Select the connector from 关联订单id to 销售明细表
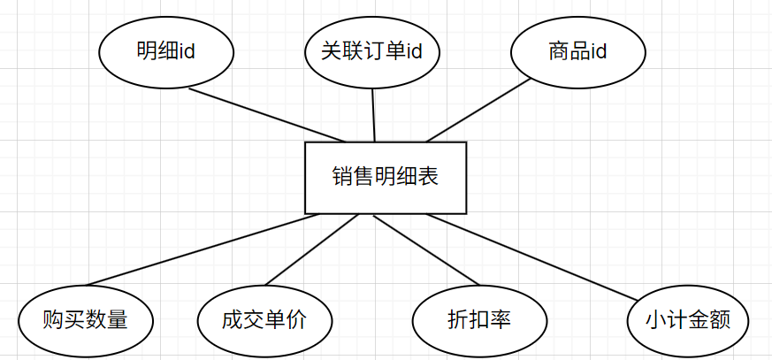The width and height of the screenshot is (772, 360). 374,115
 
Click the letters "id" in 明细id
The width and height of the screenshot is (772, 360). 187,51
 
